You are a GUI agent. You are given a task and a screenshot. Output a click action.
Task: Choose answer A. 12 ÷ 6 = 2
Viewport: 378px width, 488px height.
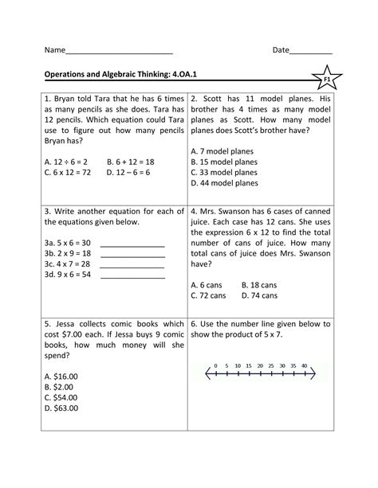pyautogui.click(x=66, y=160)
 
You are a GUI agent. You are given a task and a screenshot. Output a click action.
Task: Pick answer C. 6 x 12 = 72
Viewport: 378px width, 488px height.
pyautogui.click(x=69, y=171)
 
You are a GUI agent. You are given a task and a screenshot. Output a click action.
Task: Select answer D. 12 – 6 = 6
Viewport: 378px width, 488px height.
pyautogui.click(x=134, y=171)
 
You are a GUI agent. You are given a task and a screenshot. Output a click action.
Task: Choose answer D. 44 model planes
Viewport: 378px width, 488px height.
pyautogui.click(x=224, y=182)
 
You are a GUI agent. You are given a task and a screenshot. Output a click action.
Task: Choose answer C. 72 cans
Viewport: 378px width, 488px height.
pyautogui.click(x=209, y=295)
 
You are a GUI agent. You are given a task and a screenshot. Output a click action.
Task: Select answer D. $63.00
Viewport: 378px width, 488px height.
pyautogui.click(x=61, y=408)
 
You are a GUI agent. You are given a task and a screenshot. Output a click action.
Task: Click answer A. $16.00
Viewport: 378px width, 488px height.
pyautogui.click(x=61, y=375)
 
